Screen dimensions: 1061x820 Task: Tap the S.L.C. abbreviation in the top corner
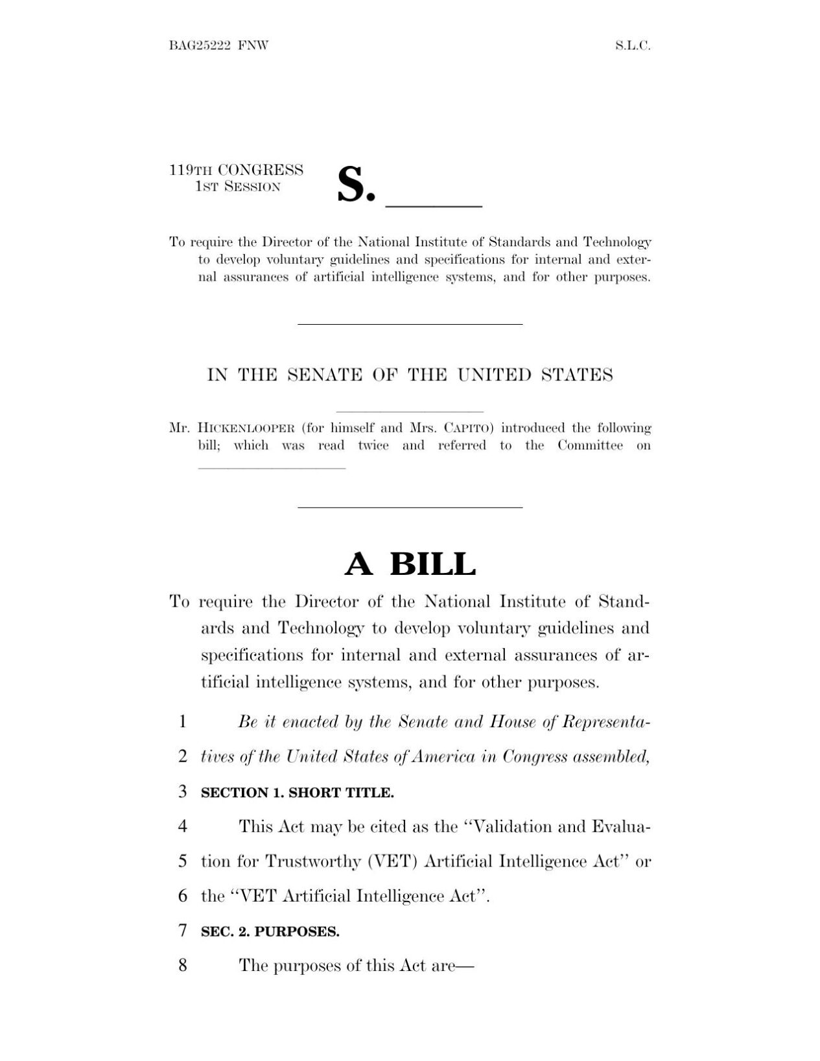point(632,45)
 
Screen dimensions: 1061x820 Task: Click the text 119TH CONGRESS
point(236,170)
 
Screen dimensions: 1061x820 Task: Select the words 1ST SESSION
point(238,187)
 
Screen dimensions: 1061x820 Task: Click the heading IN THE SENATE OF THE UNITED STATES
point(410,375)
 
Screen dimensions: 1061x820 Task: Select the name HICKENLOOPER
point(246,428)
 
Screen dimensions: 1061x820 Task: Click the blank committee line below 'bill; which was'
point(272,467)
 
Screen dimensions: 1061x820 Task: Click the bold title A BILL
point(410,564)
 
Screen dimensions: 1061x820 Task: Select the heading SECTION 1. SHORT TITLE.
point(298,793)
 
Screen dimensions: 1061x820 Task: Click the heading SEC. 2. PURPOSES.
point(270,932)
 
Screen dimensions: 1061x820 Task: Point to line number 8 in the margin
point(183,966)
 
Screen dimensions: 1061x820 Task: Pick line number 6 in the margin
point(183,896)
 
